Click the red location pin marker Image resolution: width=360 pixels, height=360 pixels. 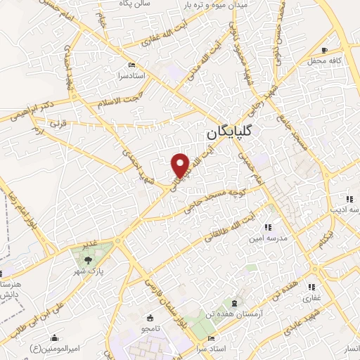click(x=181, y=165)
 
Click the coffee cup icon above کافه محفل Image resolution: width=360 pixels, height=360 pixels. click(x=324, y=50)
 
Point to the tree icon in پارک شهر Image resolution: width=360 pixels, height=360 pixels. click(x=87, y=260)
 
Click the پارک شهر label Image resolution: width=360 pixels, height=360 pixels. click(x=87, y=272)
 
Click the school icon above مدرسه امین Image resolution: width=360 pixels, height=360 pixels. click(x=268, y=227)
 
